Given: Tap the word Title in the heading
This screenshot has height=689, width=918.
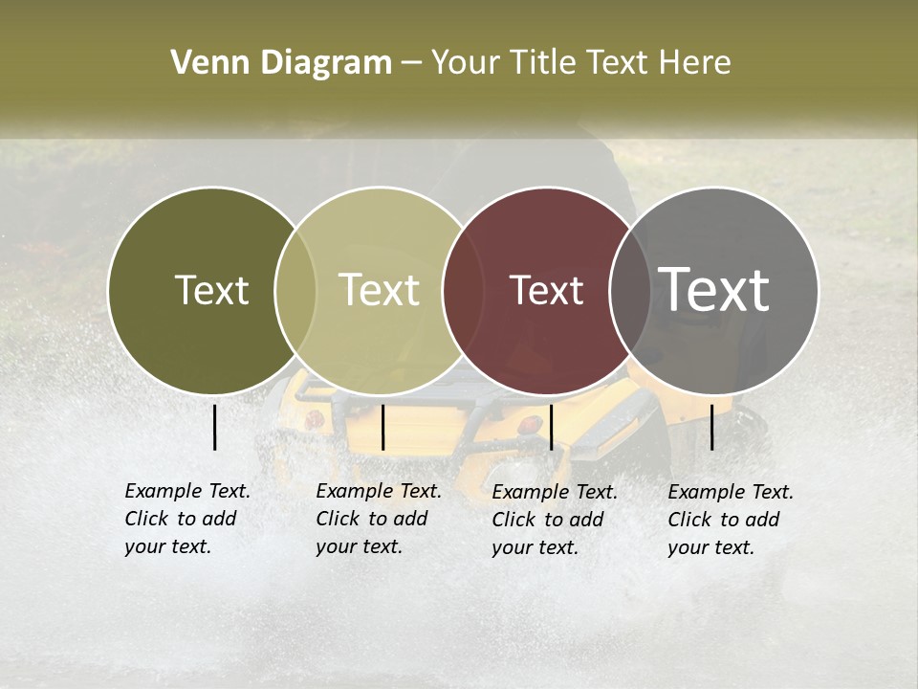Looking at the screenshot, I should click(x=544, y=63).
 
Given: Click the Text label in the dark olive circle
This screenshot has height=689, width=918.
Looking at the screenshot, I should click(x=211, y=290).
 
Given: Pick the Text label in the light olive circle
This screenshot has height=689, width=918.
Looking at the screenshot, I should click(x=380, y=290).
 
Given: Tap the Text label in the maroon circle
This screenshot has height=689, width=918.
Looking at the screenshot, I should click(x=546, y=290).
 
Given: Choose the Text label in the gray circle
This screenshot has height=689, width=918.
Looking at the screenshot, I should click(x=713, y=289).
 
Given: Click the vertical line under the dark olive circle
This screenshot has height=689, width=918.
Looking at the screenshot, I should click(x=214, y=427).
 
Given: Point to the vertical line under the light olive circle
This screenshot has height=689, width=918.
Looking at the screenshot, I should click(x=382, y=427).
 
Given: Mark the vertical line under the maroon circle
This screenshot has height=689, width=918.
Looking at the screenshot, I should click(x=551, y=427).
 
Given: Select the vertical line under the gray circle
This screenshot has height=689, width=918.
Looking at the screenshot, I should click(x=711, y=427).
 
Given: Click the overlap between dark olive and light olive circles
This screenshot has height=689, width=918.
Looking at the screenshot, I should click(x=295, y=290).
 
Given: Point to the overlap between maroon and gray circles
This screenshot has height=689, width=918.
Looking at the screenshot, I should click(x=630, y=290).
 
